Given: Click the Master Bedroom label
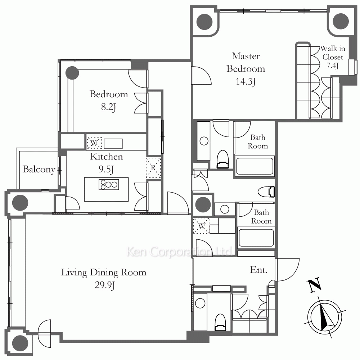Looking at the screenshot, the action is coord(246,62).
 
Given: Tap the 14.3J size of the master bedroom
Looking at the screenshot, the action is coord(246,81).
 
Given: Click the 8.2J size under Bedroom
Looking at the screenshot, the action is coord(108,107).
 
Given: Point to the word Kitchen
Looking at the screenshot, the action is coord(107,157).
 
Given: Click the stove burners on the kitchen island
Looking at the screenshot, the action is coord(109,184).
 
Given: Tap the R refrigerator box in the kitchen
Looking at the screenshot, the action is coord(153,168).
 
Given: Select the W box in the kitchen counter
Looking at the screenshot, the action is coord(94,143).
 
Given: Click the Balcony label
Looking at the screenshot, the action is coord(39,170).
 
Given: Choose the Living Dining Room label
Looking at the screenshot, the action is coord(104,273).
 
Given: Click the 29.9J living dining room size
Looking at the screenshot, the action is coord(105,285).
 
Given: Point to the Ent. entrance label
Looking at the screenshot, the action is coord(259,270).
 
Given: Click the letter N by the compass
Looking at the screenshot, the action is coord(314,285).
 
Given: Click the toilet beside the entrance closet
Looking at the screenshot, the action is coord(220,322).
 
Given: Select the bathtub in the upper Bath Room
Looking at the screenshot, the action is coord(255,166).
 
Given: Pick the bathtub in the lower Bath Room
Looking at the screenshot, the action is coord(256,238).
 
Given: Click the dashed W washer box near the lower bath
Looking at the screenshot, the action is coord(201,226).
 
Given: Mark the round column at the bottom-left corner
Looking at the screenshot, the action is coord(20,343).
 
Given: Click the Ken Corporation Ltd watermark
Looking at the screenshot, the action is coord(180,252).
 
